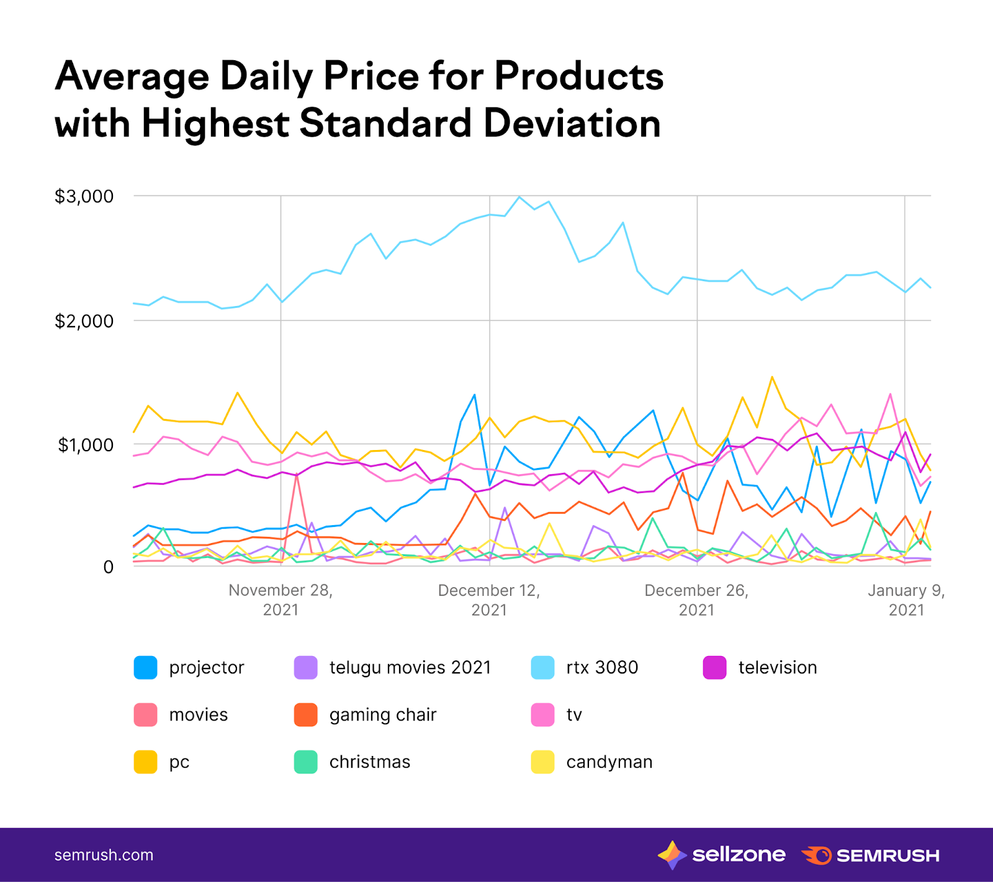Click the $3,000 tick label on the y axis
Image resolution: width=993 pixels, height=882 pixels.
coord(84,197)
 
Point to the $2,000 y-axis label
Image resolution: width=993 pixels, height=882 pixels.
coord(84,322)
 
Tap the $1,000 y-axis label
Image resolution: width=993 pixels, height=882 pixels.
coord(85,445)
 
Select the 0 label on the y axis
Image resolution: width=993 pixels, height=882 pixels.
coord(109,567)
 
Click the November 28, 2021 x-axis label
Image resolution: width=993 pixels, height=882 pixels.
coord(281,600)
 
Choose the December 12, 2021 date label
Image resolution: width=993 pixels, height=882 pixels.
coord(489,600)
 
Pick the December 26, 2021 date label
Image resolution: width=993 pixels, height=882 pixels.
coord(696,600)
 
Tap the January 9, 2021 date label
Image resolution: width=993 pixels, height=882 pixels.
coord(906,600)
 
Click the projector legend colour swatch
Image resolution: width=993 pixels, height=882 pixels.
coord(145,668)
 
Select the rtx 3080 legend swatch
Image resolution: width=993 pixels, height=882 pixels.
coord(542,668)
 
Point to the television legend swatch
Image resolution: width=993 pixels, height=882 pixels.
coord(714,668)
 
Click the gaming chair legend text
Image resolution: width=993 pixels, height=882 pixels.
coord(383,715)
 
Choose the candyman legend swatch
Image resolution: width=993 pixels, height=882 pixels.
coord(542,762)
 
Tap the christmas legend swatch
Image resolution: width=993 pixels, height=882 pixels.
coord(305,762)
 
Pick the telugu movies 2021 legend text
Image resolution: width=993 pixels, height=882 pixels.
coord(410,668)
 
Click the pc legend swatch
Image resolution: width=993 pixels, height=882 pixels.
coord(145,762)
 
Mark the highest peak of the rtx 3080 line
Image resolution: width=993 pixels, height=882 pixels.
coord(519,197)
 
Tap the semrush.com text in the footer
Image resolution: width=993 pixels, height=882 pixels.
coord(104,855)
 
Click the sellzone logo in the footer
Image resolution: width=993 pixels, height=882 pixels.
coord(722,855)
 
